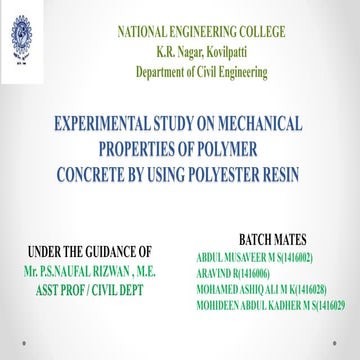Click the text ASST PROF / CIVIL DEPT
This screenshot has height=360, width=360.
point(90,287)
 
